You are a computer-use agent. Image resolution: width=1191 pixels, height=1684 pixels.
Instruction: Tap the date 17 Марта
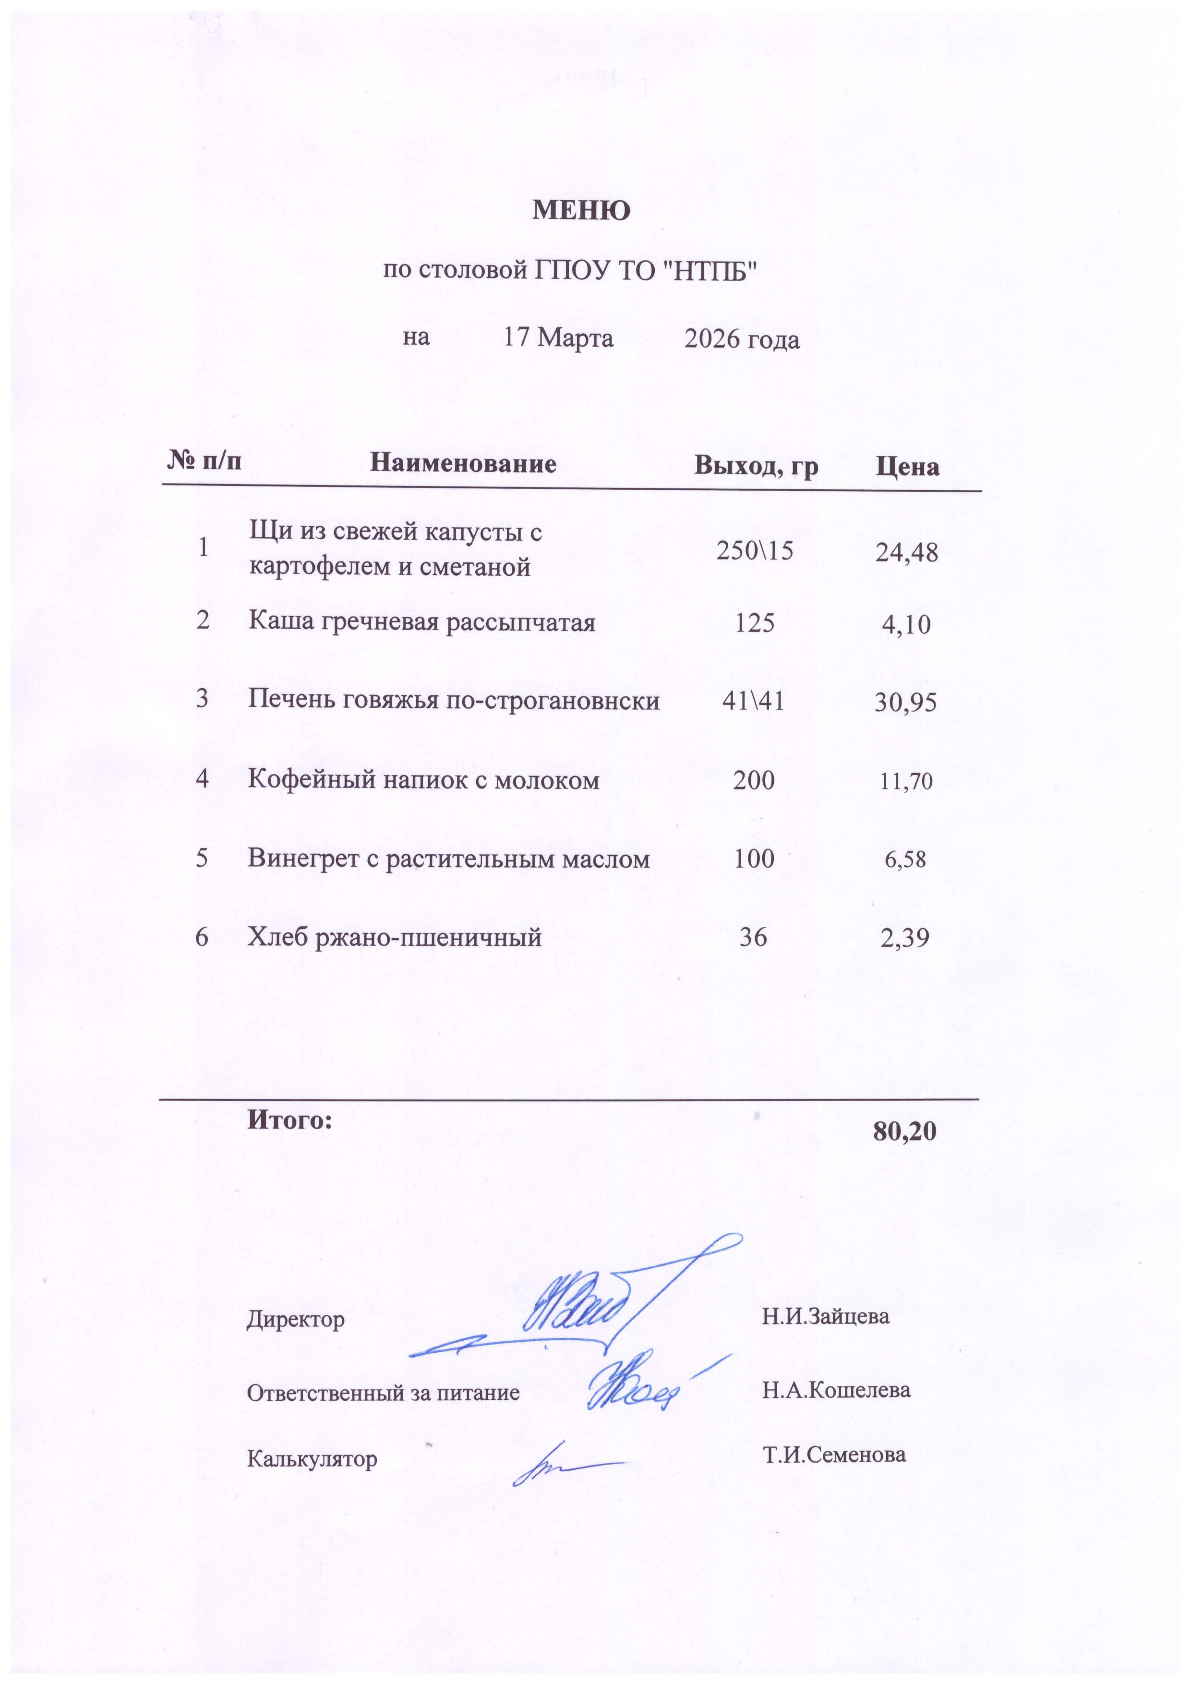(558, 338)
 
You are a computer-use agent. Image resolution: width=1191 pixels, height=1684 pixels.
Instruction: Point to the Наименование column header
(463, 463)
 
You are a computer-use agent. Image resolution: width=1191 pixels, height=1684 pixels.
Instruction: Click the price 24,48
(906, 552)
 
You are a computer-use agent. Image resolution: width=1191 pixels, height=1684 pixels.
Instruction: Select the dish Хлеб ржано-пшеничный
(395, 937)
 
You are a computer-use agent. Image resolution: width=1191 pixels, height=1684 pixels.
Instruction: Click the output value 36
(753, 937)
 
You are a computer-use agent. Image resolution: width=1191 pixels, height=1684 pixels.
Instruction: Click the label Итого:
(289, 1120)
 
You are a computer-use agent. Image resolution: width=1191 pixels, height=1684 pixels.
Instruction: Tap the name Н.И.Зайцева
(826, 1316)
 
